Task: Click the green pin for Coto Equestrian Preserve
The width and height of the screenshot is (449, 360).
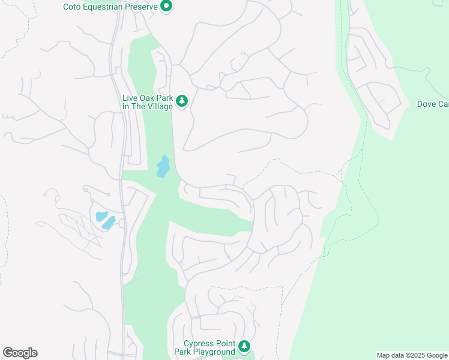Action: (x=167, y=7)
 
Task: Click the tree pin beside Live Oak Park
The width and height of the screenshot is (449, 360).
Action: (x=182, y=101)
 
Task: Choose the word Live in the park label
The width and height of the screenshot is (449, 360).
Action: (x=130, y=98)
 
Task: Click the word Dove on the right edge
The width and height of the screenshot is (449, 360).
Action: (x=427, y=104)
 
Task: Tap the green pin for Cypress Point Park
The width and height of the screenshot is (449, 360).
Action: (x=244, y=346)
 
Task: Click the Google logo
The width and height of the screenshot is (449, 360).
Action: (x=20, y=353)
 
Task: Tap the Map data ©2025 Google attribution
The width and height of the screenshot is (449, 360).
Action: (x=412, y=355)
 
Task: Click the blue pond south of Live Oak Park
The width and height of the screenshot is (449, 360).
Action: (x=162, y=167)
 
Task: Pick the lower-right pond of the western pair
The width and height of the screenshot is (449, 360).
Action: (x=109, y=223)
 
